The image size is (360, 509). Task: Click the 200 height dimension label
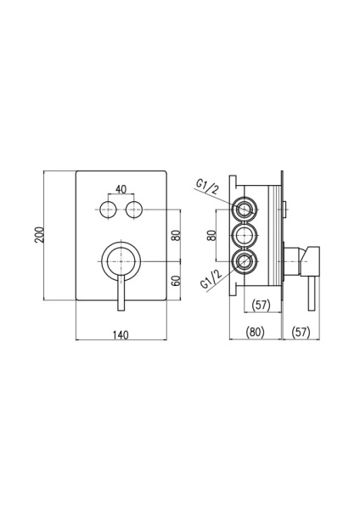coord(39,235)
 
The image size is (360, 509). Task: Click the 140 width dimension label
coord(121,334)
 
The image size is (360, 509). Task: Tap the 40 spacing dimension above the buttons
coord(121,189)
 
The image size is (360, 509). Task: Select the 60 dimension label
coord(176,280)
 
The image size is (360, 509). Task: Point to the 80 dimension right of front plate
coord(176,235)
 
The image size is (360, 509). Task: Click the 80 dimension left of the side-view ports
coord(212,235)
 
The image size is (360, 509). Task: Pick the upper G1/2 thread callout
coord(207,187)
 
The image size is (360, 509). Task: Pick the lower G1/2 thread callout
coord(211,279)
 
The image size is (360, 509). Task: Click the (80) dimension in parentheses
coord(256,332)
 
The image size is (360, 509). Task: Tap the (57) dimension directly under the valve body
coord(262,305)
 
